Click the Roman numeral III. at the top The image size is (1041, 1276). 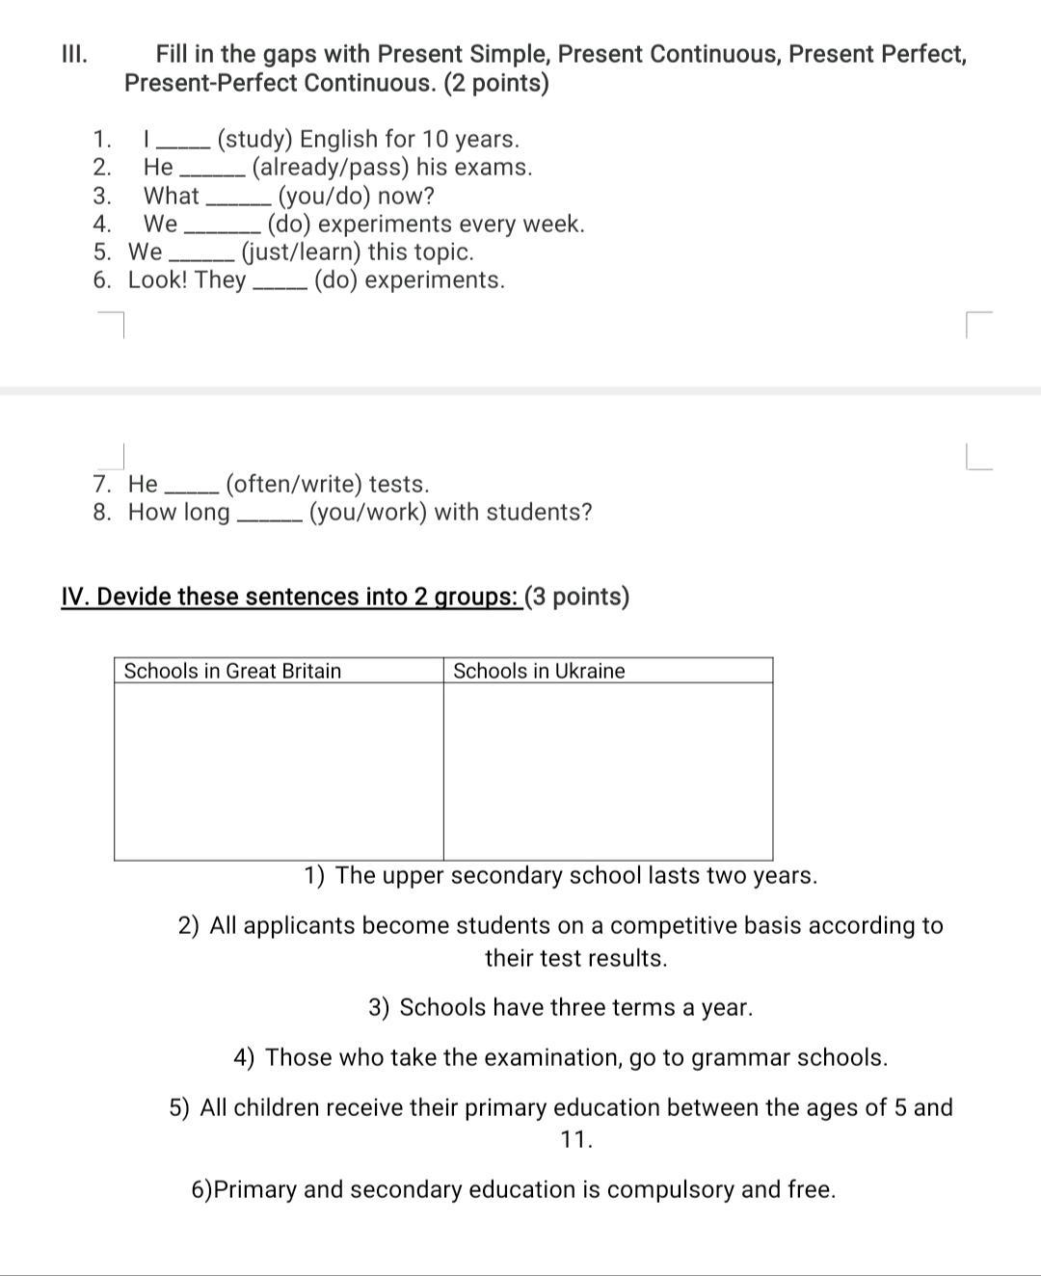pos(74,54)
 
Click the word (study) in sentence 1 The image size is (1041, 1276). pos(254,139)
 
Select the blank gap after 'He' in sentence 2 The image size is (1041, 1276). pos(212,170)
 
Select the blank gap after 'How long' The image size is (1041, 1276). pos(269,515)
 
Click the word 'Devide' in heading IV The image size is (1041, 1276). pos(134,597)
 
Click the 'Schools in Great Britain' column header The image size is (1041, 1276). pos(232,671)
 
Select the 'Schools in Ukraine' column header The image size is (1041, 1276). pos(539,671)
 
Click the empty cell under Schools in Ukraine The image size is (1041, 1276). pos(608,771)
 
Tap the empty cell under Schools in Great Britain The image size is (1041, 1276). pos(279,771)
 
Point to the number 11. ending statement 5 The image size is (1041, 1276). pos(576,1139)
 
